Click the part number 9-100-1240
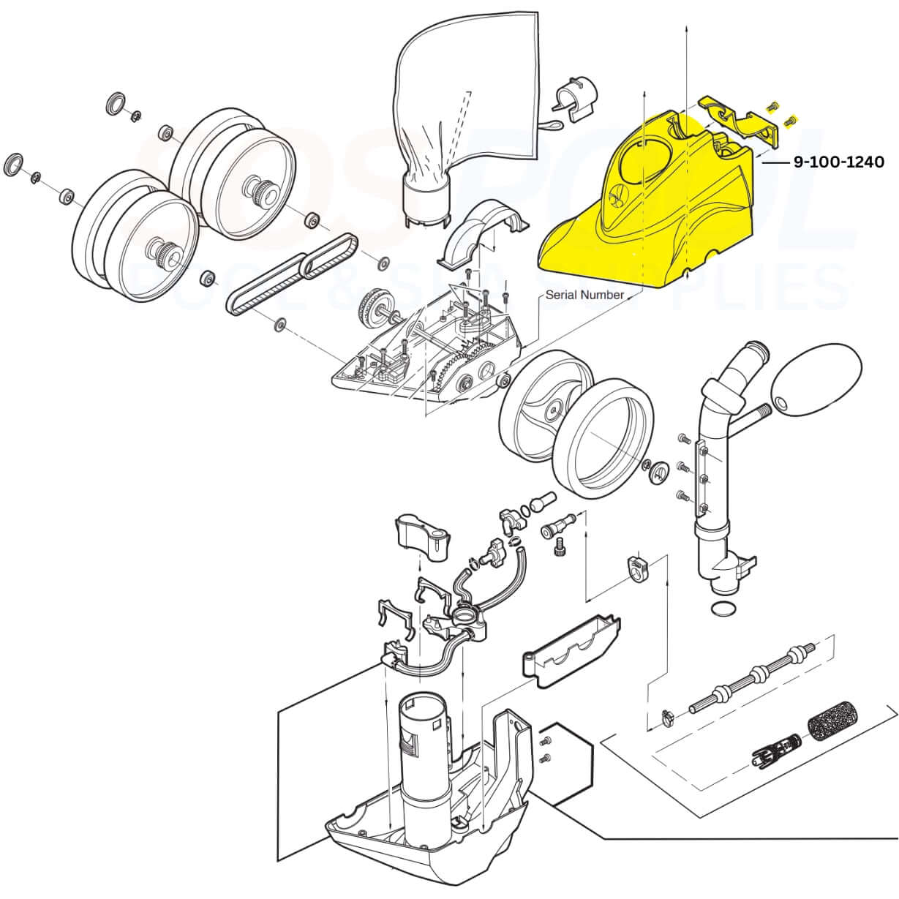pos(838,162)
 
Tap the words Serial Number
pos(584,295)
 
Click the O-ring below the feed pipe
pos(723,609)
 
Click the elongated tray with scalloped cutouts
pos(571,644)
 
